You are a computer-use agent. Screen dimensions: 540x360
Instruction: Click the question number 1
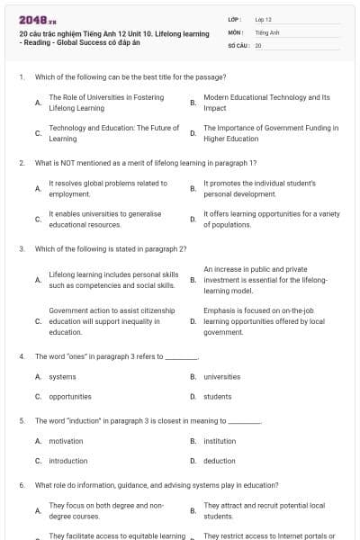pos(21,77)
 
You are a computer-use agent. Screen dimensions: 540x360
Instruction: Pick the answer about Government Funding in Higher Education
pos(270,133)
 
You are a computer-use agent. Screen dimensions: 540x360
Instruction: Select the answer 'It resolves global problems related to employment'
pos(107,188)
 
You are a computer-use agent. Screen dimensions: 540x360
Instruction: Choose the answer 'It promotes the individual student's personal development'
pos(259,188)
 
